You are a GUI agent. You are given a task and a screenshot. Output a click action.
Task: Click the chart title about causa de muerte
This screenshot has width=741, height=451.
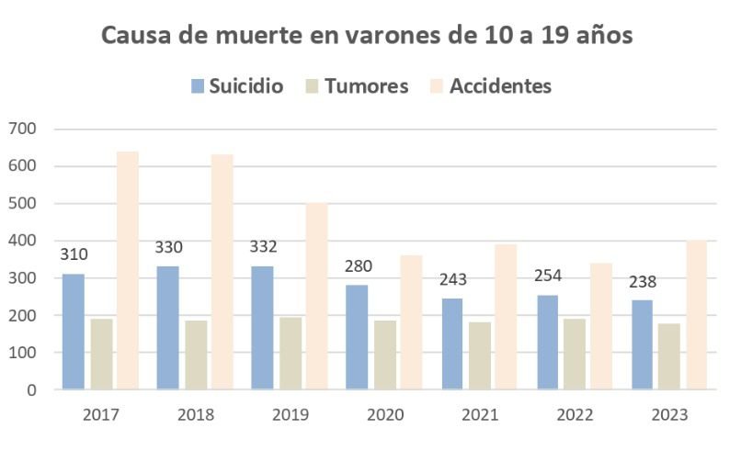[366, 37]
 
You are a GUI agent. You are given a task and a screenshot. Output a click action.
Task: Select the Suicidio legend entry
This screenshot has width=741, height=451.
[237, 86]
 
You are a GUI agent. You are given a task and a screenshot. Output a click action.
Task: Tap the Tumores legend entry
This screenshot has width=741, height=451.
[355, 86]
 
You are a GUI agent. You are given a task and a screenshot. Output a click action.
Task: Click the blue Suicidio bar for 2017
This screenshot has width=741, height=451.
[74, 332]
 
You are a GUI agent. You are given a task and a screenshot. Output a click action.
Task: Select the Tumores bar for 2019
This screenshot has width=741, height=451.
[291, 353]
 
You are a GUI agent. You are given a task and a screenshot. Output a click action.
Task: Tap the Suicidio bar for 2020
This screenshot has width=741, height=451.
[356, 337]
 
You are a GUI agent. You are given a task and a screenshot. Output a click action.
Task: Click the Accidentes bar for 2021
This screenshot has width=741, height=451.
[506, 317]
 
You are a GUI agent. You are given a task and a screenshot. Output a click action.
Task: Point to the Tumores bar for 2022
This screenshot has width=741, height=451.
[575, 354]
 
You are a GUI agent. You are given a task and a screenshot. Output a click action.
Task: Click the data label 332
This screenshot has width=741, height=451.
[263, 247]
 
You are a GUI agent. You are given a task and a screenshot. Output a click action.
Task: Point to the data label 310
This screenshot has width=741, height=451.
[74, 254]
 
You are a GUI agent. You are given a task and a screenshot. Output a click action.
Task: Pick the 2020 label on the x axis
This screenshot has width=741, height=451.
[385, 414]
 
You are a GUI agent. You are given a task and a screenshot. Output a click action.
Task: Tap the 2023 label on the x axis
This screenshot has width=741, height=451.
[669, 414]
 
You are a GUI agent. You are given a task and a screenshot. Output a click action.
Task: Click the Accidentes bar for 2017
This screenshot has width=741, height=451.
[127, 270]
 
